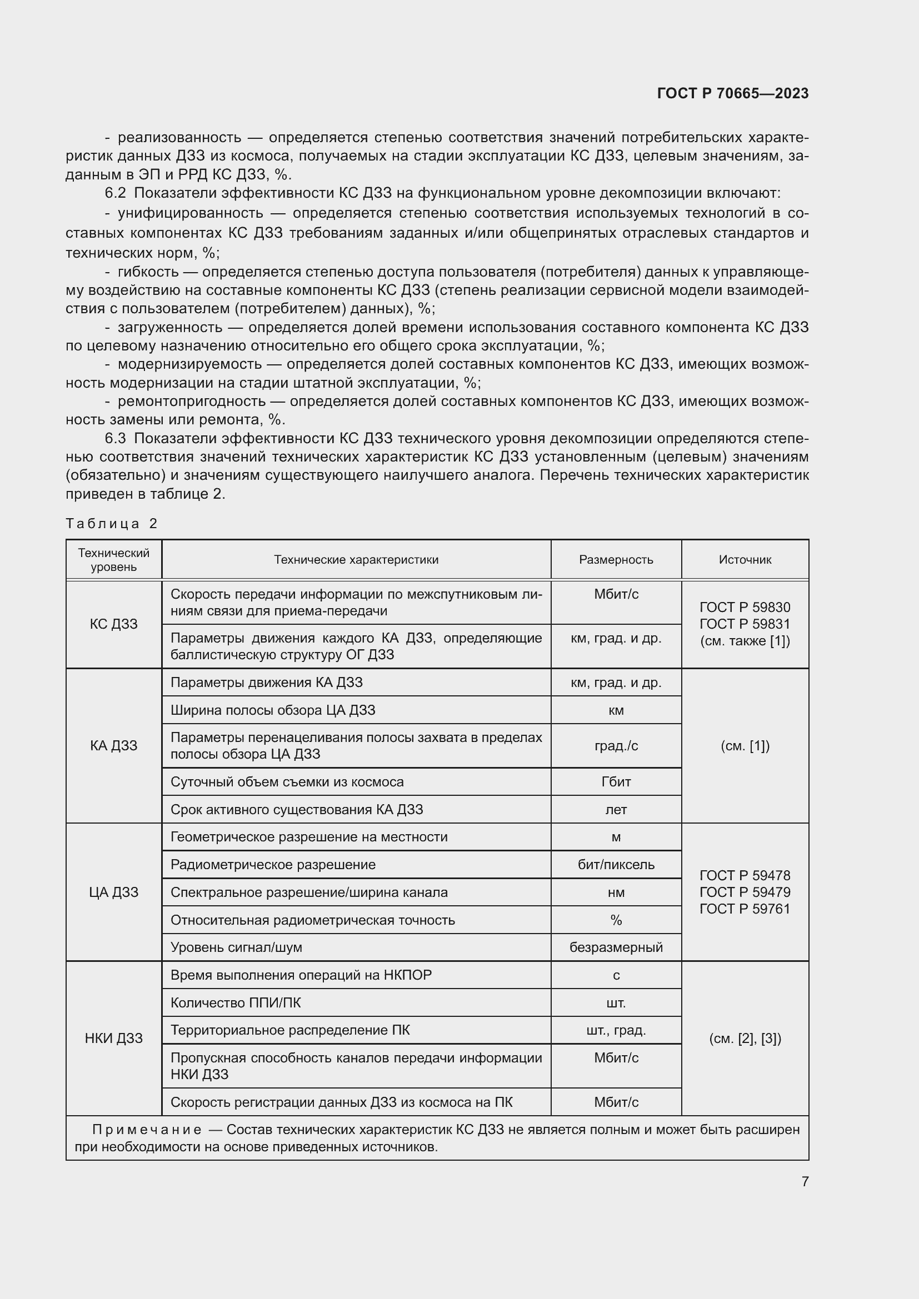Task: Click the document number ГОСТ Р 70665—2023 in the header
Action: pos(732,93)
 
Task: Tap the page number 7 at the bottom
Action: pos(805,1181)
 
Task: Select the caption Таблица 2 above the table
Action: pos(112,523)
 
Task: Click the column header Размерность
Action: pos(616,560)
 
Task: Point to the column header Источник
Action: pos(745,560)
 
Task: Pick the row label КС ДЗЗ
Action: pos(114,624)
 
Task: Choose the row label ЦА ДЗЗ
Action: pos(114,892)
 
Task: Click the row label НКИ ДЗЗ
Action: pos(114,1038)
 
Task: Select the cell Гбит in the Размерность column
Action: pos(616,782)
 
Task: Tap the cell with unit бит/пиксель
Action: pos(616,865)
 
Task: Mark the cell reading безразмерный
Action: pos(616,947)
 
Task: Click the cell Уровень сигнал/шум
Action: pos(236,947)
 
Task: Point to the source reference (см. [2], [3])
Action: pos(745,1039)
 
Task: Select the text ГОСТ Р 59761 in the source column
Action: pos(745,909)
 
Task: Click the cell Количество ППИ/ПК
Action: pos(236,1002)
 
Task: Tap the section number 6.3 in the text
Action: pos(115,439)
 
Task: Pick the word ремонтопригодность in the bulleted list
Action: pos(191,401)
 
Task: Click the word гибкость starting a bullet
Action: pos(148,272)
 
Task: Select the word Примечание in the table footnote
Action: pos(147,1130)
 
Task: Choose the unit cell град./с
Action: pos(616,746)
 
